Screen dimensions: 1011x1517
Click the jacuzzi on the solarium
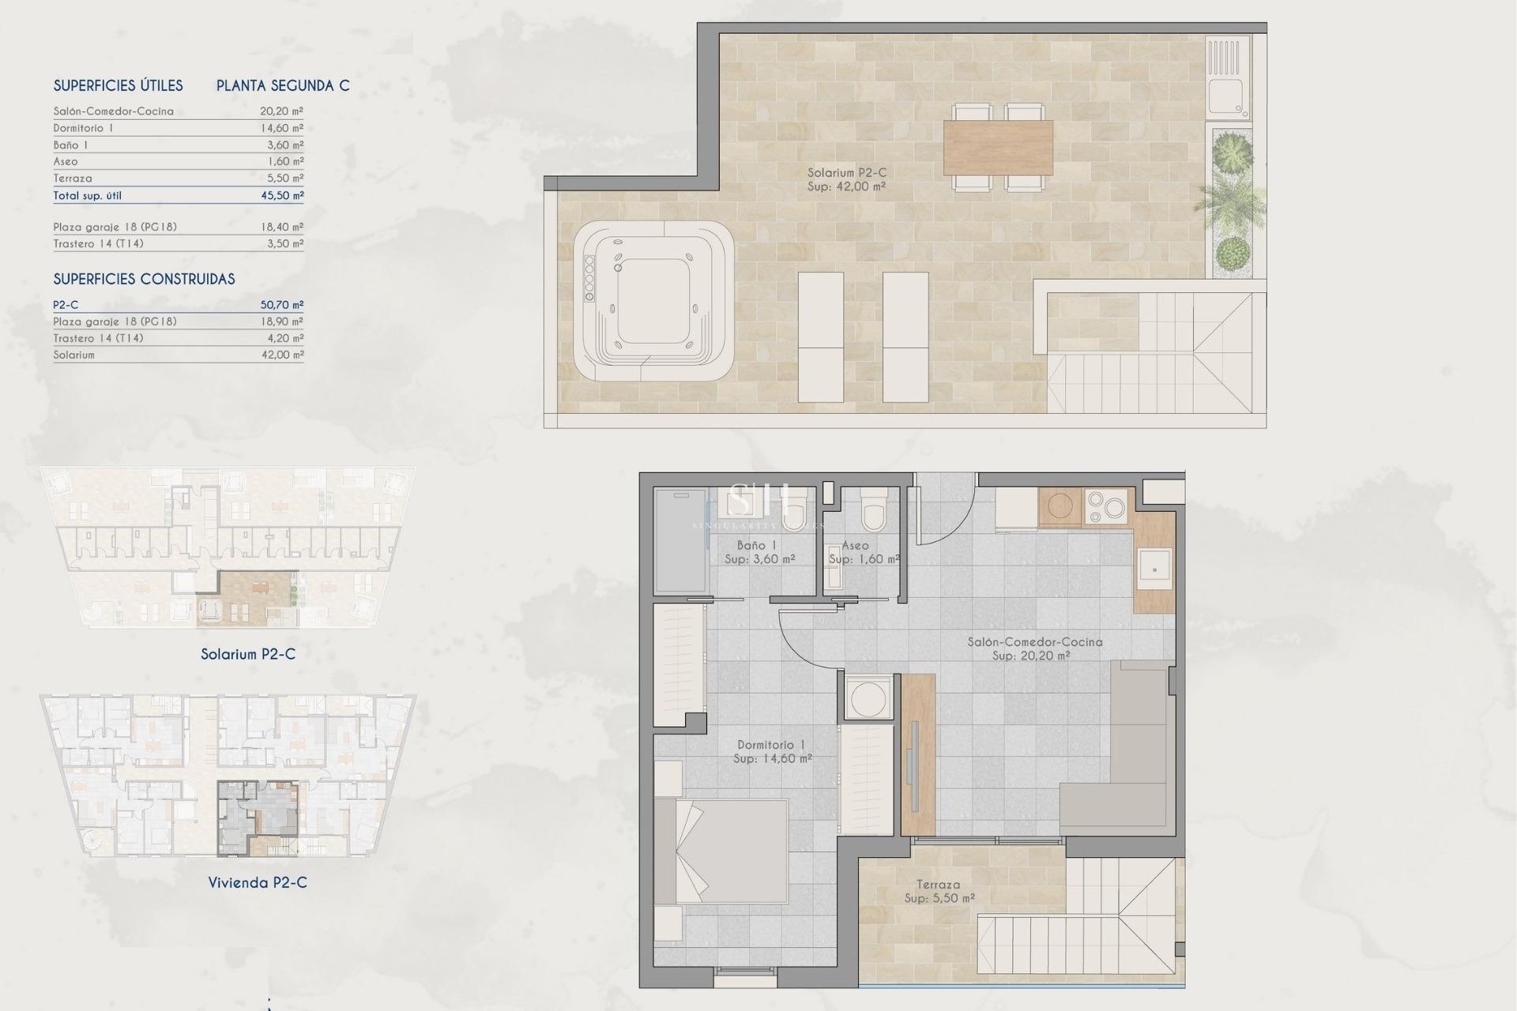652,300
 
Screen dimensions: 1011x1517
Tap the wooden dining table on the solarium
998,147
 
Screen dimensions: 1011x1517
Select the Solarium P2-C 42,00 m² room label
846,179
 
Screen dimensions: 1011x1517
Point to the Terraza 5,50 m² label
939,891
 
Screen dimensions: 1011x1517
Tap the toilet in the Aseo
873,509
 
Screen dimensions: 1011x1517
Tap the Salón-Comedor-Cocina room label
1034,648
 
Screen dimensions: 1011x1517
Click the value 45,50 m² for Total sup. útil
282,196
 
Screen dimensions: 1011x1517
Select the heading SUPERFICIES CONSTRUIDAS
144,279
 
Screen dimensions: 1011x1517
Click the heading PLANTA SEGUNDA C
283,85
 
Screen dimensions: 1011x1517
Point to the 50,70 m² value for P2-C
282,305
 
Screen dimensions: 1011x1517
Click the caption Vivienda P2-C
258,882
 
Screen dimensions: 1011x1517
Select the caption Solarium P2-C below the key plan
248,654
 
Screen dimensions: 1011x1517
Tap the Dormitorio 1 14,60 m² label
772,751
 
